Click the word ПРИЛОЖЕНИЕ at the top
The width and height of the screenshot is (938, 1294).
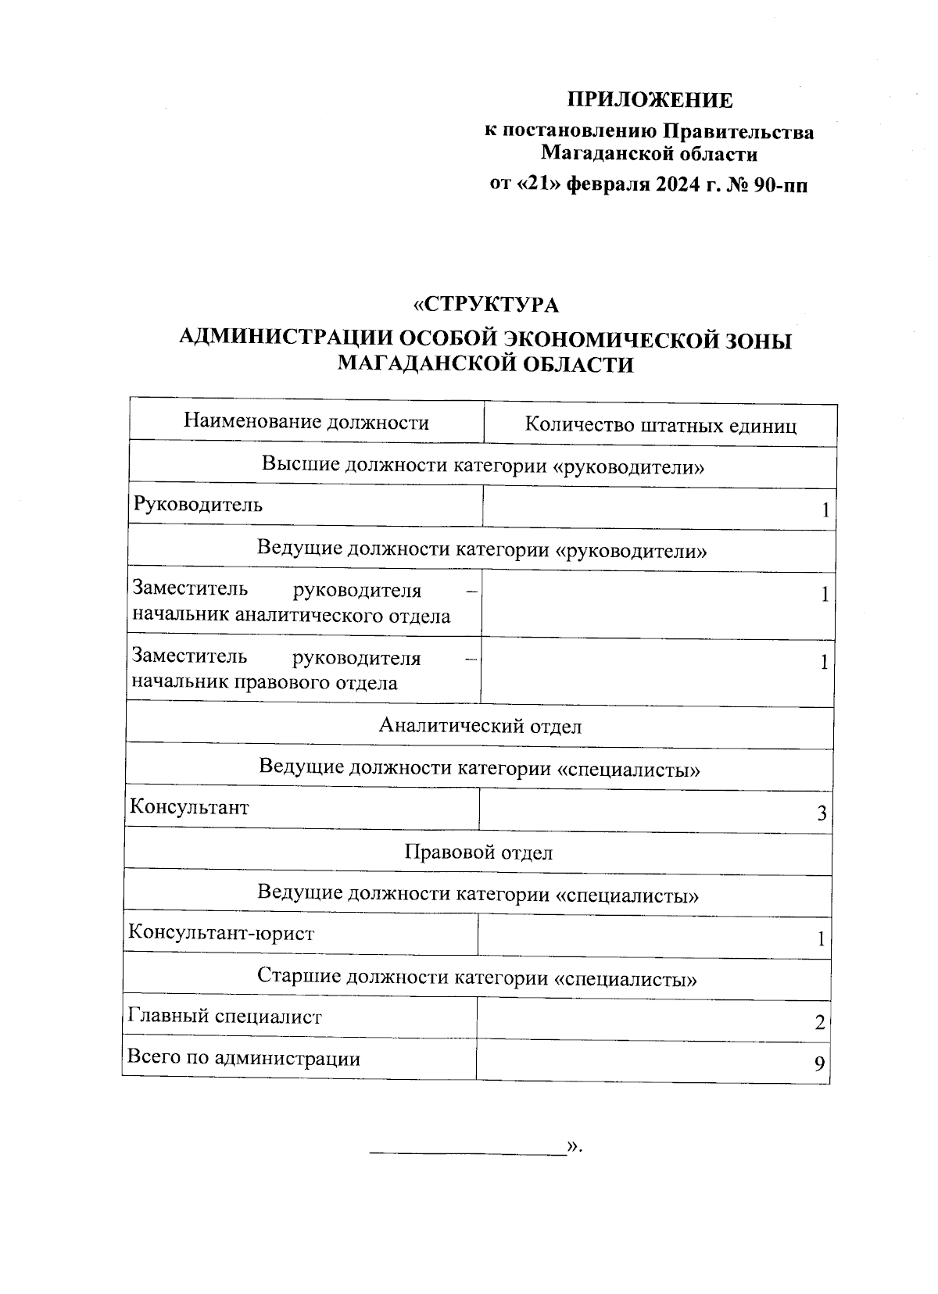point(650,100)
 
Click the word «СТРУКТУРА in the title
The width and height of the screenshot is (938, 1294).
point(486,304)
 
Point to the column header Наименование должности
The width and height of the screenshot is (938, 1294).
point(306,423)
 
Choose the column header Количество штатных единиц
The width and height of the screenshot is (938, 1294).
point(661,425)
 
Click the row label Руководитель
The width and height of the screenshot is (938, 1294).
point(198,505)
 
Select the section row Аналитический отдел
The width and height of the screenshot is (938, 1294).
point(480,726)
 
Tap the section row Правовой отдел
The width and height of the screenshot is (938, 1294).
point(478,852)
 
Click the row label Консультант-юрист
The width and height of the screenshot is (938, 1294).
point(221,933)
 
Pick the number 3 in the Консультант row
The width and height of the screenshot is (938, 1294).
point(822,814)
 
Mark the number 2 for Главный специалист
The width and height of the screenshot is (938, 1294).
point(819,1023)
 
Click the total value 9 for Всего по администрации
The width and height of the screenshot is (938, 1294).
point(819,1064)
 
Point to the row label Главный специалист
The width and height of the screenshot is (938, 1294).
point(224,1017)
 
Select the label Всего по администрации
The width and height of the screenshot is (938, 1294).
point(244,1059)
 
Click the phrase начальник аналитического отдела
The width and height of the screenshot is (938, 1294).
point(291,616)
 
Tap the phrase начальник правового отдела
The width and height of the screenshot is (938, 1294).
point(264,683)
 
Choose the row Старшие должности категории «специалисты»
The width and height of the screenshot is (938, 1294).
point(477,978)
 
